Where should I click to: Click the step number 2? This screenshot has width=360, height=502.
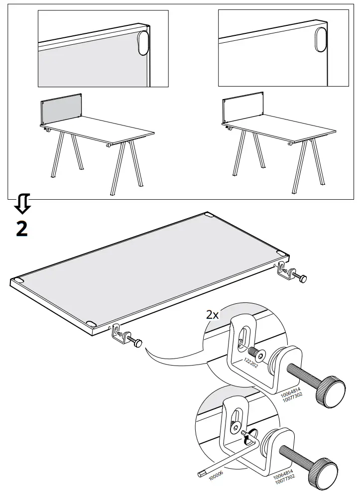click(x=21, y=228)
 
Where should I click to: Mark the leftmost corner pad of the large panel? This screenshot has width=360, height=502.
click(x=18, y=281)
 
